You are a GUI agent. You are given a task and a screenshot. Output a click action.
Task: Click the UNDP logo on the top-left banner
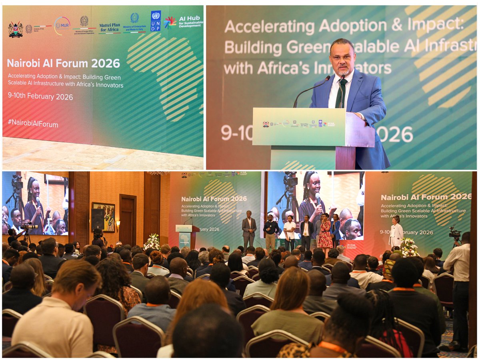[x=156, y=21]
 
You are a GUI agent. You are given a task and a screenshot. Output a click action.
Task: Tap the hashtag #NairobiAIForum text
[x=33, y=124]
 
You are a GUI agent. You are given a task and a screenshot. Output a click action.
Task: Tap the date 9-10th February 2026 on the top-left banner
[x=40, y=97]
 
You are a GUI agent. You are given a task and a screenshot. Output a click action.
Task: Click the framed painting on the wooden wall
[x=103, y=217]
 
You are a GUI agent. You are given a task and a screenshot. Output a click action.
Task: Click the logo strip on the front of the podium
[x=299, y=124]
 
